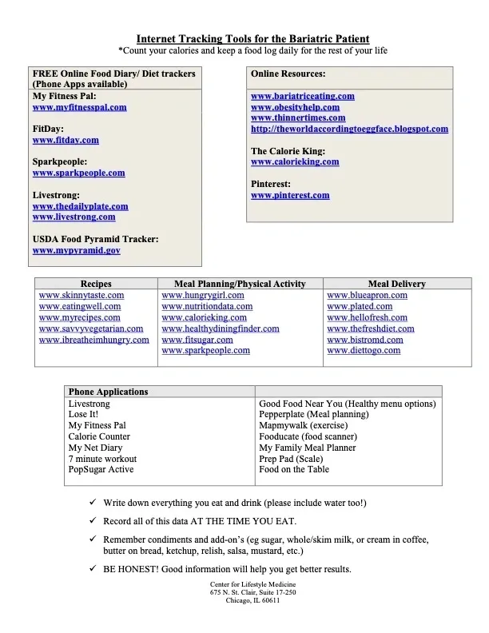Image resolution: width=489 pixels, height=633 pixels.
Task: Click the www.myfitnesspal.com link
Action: (x=79, y=107)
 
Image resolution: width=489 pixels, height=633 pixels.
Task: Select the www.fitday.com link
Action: (x=66, y=140)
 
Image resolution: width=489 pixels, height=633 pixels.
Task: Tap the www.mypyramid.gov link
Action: (x=76, y=250)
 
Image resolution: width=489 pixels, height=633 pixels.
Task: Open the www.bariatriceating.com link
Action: (x=302, y=96)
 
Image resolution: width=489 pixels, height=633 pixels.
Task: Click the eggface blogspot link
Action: (x=349, y=129)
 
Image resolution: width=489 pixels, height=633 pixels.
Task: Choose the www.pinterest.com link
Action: (x=289, y=195)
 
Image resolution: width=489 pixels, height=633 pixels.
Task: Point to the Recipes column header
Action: (x=96, y=284)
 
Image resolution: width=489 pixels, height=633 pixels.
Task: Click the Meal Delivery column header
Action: (x=396, y=284)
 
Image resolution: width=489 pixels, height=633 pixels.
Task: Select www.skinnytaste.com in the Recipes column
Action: (x=81, y=295)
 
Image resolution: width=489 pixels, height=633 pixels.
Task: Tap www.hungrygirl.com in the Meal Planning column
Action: (x=202, y=295)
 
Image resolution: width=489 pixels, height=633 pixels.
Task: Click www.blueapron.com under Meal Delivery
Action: (x=367, y=295)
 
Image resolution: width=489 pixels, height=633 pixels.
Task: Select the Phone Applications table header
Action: (x=108, y=392)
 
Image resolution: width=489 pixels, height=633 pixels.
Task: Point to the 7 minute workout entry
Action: (x=102, y=459)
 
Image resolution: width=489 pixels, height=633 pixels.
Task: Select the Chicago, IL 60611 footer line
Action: (x=252, y=601)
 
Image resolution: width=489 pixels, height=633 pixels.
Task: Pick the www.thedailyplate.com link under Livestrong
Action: (x=80, y=206)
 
